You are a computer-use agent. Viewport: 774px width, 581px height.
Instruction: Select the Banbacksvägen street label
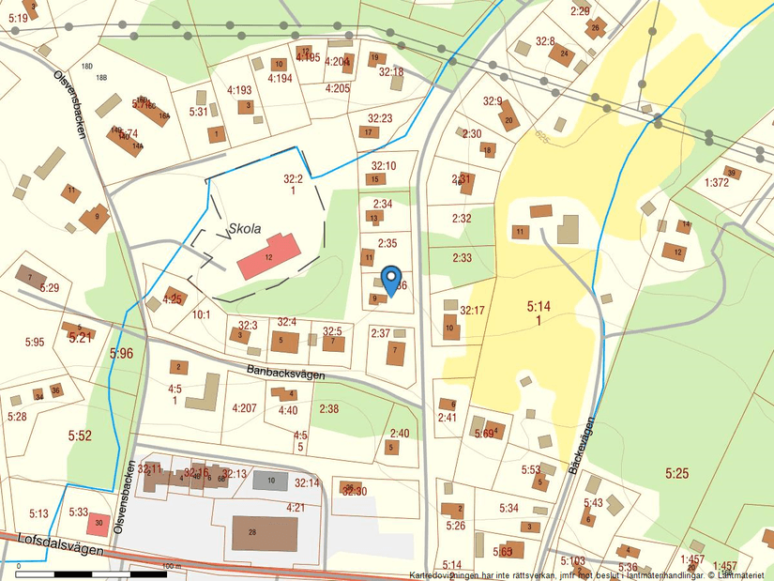287,373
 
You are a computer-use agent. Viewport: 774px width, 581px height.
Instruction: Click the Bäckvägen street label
583,445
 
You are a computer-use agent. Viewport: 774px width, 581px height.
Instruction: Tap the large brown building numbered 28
265,532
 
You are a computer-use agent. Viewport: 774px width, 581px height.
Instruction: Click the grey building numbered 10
270,481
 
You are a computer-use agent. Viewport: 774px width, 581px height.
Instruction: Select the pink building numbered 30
99,522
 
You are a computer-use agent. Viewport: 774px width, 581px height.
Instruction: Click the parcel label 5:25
676,473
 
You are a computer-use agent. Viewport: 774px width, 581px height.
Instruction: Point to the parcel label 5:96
122,354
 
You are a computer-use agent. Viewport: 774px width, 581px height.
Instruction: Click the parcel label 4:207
243,408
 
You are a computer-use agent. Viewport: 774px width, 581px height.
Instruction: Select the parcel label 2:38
328,408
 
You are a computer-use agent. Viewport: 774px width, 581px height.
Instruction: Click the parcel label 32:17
472,311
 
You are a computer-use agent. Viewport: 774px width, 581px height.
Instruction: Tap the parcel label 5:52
80,436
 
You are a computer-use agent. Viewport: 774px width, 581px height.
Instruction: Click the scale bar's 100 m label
171,567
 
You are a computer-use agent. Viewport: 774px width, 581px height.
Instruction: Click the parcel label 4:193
239,91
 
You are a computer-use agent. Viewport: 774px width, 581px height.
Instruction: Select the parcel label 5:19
18,18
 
